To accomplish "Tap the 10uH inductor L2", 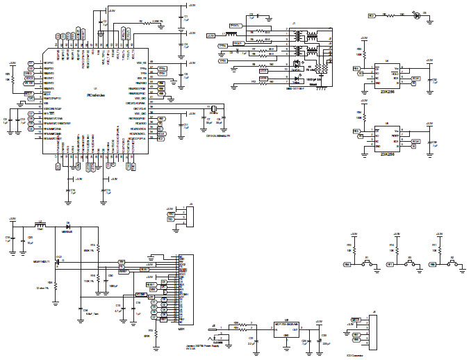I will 40,225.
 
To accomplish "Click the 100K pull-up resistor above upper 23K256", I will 359,53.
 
